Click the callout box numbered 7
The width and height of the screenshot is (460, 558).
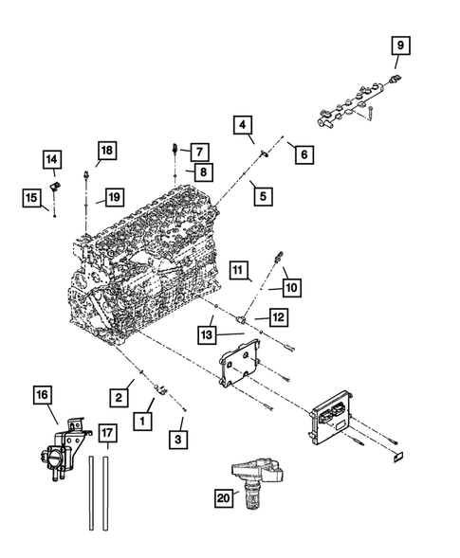pyautogui.click(x=198, y=151)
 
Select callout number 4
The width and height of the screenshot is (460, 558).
pyautogui.click(x=244, y=125)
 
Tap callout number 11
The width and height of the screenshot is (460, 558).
pyautogui.click(x=239, y=271)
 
